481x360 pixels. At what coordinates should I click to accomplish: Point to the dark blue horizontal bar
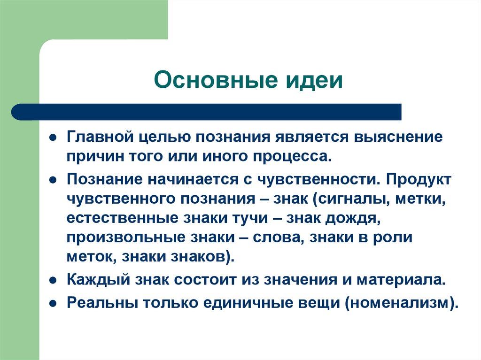207,112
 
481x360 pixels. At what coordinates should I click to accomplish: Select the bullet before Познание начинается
54,180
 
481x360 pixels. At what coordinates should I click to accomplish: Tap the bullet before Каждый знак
54,281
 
